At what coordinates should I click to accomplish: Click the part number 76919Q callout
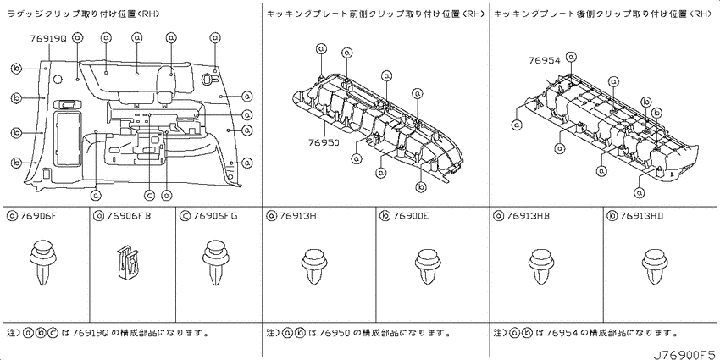click(48, 39)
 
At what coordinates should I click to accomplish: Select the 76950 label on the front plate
click(324, 143)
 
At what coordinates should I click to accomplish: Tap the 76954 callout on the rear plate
click(545, 60)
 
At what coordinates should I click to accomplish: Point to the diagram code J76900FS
click(684, 354)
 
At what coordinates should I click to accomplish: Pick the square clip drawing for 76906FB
click(128, 263)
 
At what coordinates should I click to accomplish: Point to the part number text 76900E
click(410, 215)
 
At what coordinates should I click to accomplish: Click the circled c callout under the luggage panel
click(149, 196)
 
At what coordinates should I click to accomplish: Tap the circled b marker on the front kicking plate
click(422, 187)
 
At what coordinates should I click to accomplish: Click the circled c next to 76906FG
click(185, 215)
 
